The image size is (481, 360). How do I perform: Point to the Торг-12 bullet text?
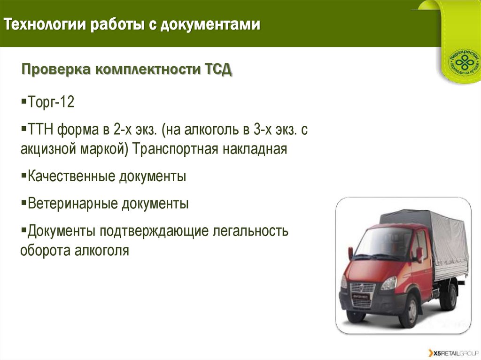coord(51,102)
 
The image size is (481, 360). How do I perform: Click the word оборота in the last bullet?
coord(45,250)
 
